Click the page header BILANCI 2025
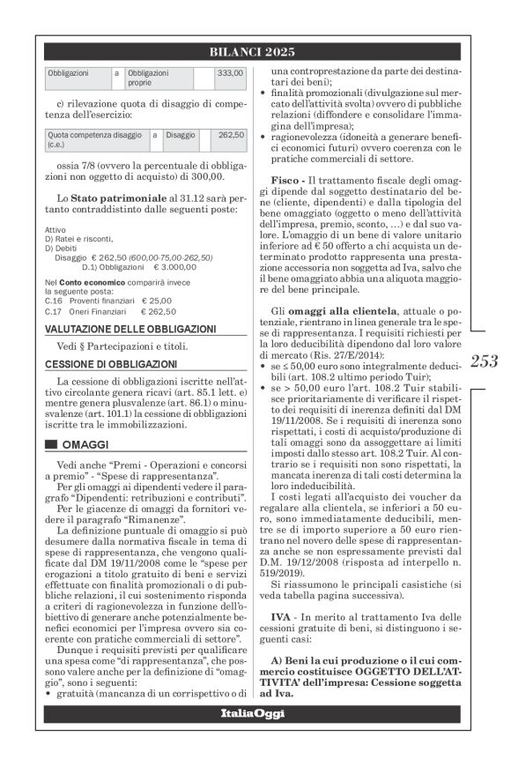pos(255,52)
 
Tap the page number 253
pos(485,360)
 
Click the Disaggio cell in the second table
pos(179,136)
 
